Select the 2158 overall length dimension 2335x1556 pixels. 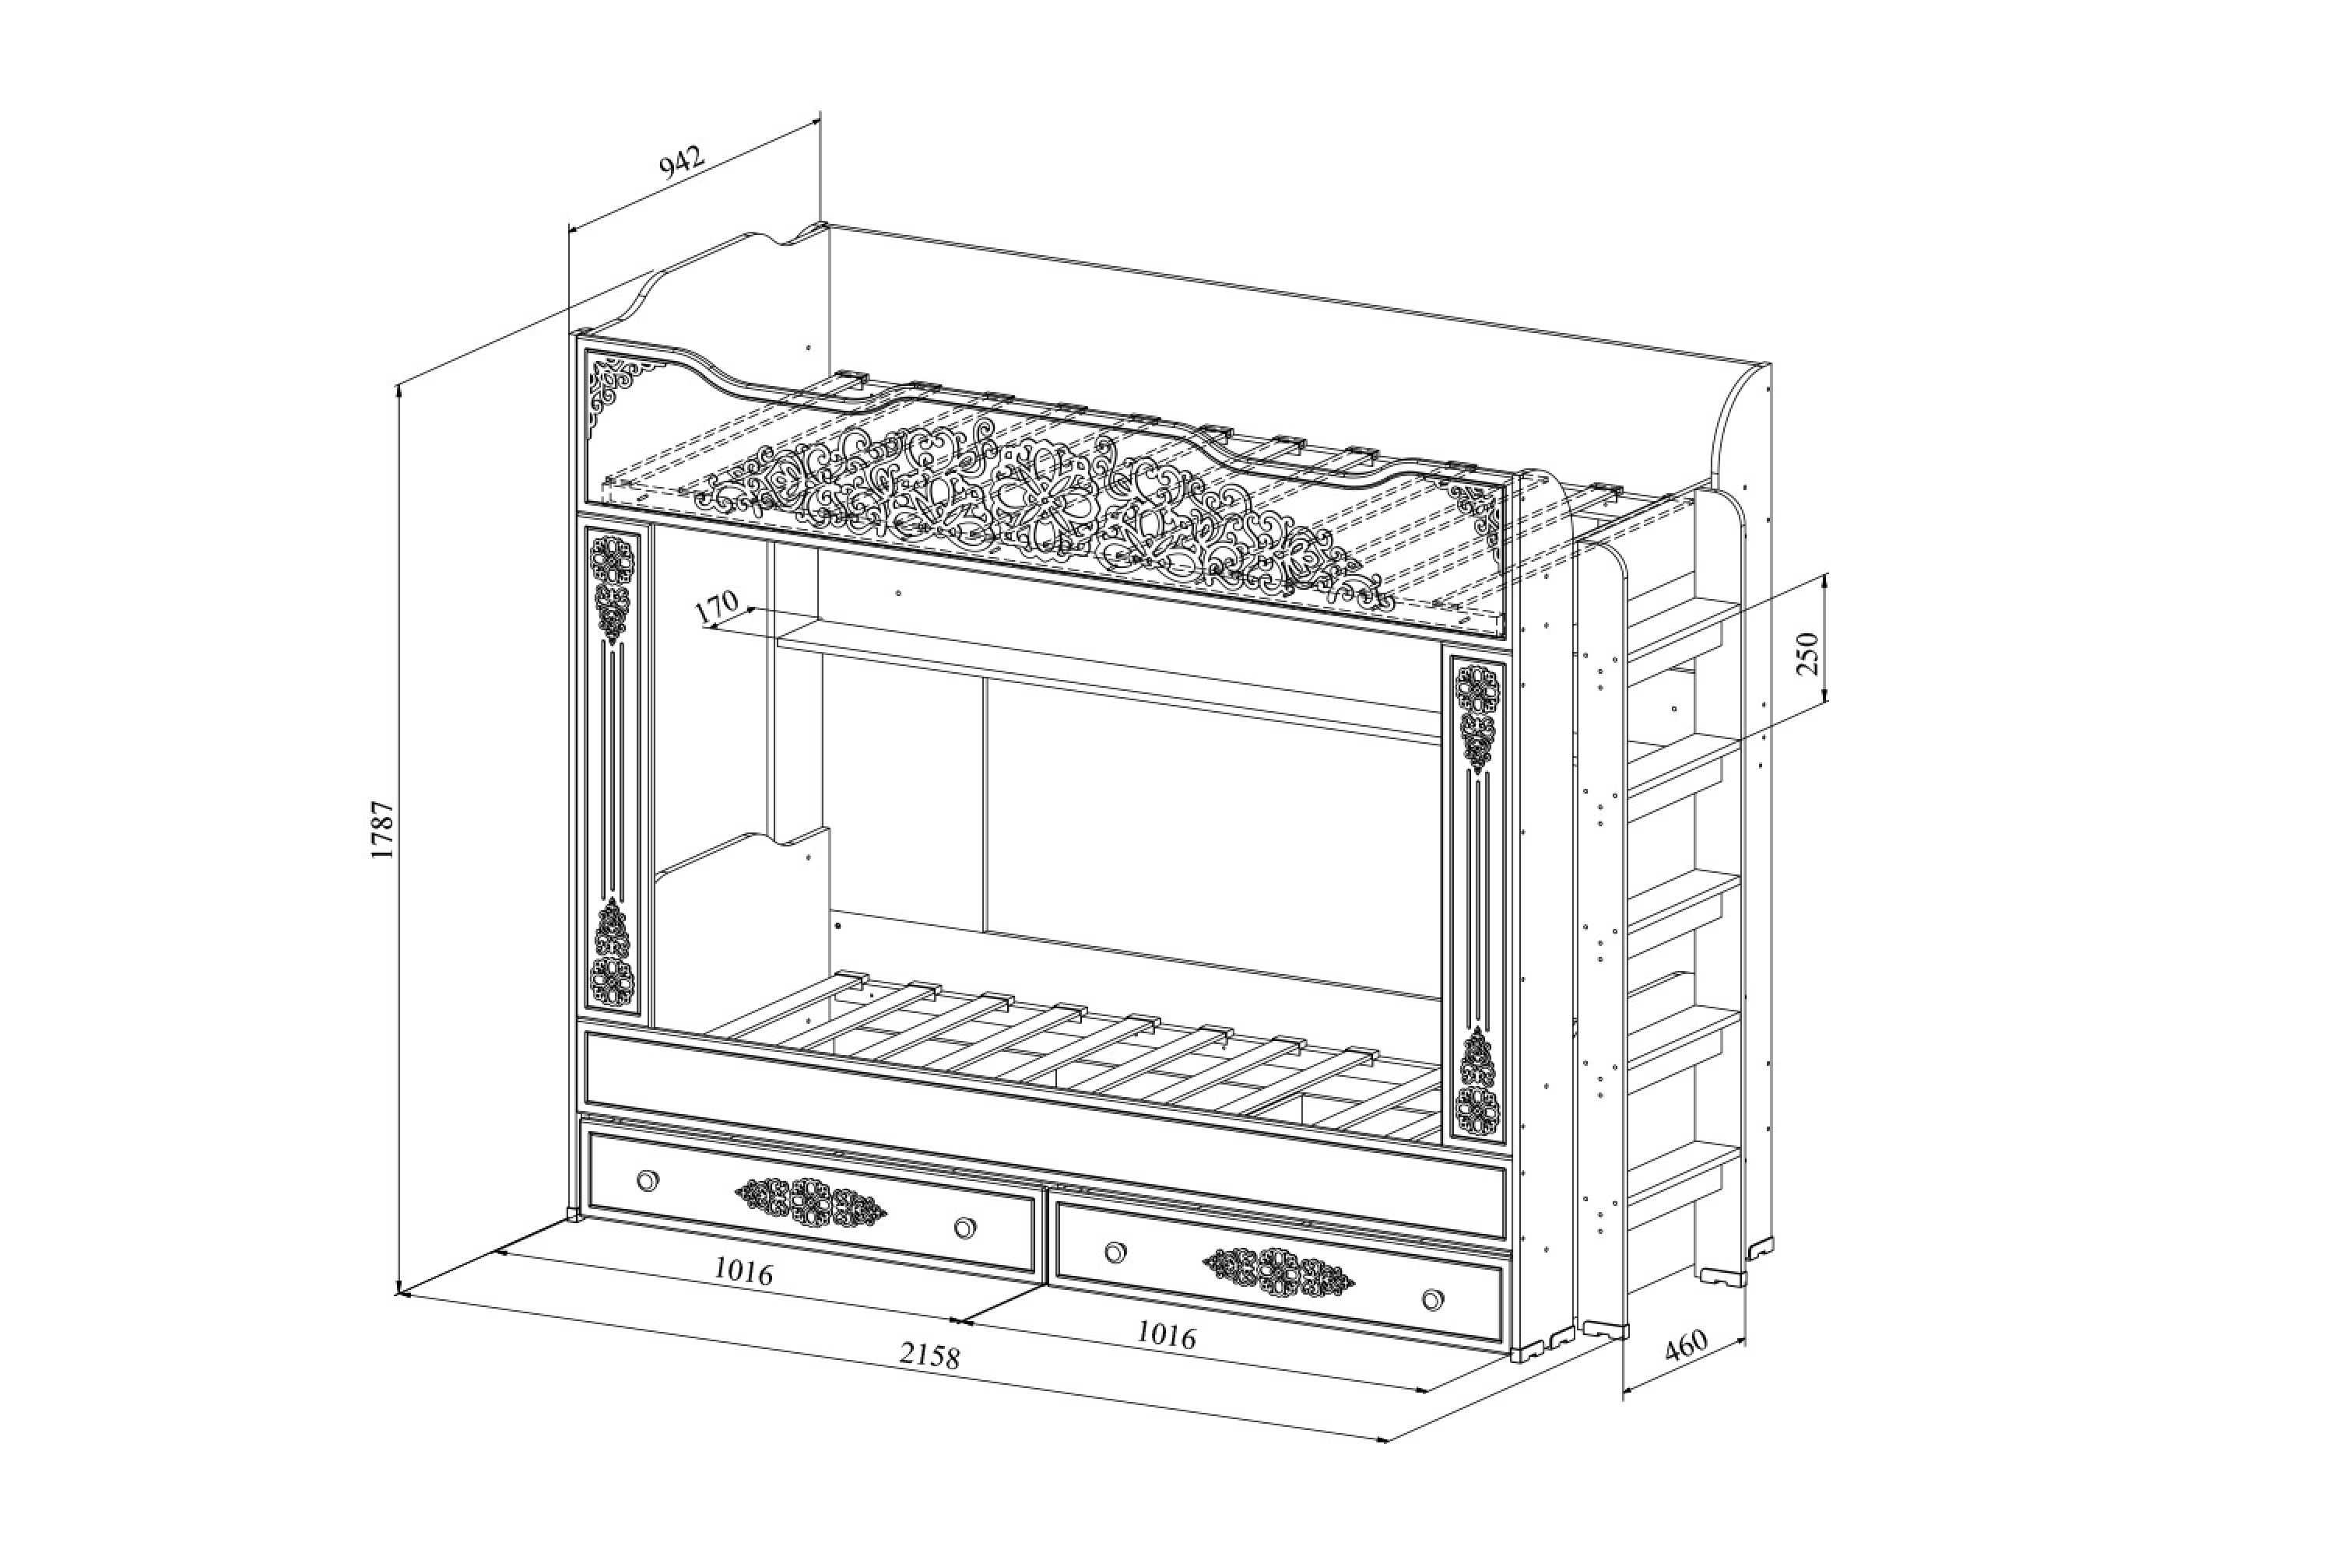(x=930, y=1354)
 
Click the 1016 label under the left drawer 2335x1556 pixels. (x=743, y=1272)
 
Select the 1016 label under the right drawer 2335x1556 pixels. (x=1165, y=1336)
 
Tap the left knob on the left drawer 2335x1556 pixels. (x=648, y=1180)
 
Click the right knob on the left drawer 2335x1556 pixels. (x=964, y=1228)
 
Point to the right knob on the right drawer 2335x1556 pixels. (x=1431, y=1299)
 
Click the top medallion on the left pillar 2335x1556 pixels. (x=610, y=559)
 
